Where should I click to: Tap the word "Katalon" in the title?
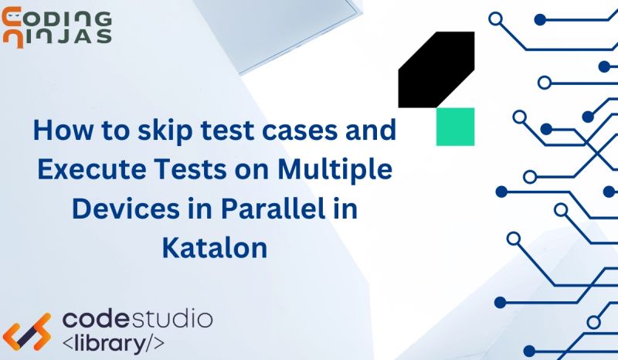click(215, 248)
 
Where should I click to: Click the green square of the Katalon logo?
click(455, 127)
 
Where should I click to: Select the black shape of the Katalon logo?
click(435, 70)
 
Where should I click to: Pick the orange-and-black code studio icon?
click(29, 330)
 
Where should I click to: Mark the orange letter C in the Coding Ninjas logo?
click(12, 18)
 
